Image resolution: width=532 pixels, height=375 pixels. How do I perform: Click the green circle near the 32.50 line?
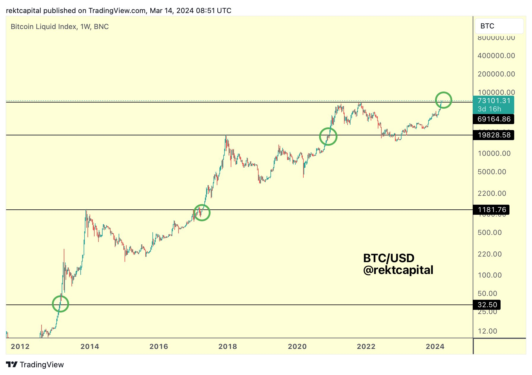point(60,304)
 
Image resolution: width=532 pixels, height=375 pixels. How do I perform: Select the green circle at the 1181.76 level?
point(202,213)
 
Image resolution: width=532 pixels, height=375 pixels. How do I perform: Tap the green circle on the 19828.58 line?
point(328,137)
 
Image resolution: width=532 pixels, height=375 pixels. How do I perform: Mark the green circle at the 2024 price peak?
point(443,100)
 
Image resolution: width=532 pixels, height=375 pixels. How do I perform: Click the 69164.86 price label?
point(494,119)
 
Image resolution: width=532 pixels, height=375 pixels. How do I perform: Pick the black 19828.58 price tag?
point(494,135)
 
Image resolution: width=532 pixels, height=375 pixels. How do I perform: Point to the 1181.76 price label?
point(492,210)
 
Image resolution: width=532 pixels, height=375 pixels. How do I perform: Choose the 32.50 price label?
point(487,305)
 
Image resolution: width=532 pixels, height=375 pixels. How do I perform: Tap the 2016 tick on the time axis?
point(159,347)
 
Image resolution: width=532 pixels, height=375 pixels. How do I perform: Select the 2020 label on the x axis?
point(297,347)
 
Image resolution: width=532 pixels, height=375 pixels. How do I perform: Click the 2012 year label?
point(20,347)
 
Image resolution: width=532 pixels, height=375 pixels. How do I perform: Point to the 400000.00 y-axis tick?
point(496,56)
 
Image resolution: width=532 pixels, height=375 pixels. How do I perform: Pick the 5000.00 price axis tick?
point(492,172)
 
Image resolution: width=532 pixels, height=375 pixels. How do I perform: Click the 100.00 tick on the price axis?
point(490,275)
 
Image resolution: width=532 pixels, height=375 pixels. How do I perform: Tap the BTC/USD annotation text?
point(388,258)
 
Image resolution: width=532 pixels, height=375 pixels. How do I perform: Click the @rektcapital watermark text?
point(398,270)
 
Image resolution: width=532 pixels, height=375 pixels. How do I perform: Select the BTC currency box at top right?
point(499,26)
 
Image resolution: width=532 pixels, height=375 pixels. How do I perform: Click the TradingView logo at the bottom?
point(35,365)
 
